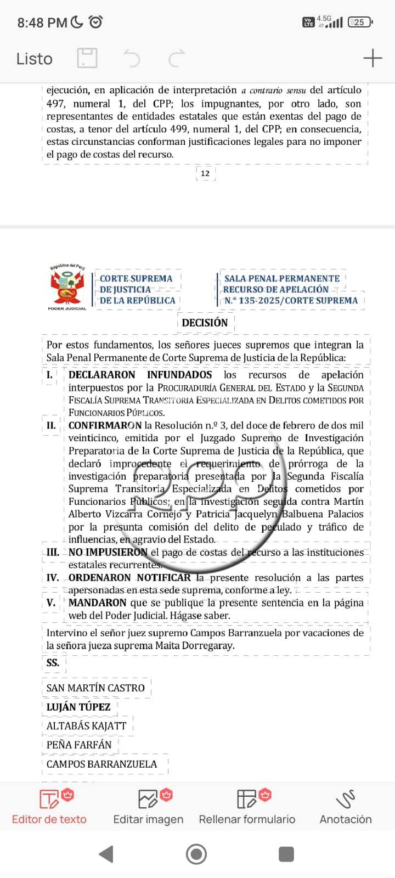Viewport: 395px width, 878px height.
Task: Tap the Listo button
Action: (x=34, y=59)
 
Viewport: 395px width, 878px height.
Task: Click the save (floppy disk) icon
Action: (x=87, y=58)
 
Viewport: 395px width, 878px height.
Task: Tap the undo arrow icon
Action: (x=131, y=58)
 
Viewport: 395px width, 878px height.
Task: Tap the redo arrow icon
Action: (x=177, y=58)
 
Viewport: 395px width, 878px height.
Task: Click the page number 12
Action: (x=205, y=173)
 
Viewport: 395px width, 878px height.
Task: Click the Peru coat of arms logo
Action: (x=67, y=287)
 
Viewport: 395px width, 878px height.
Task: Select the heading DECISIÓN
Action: (x=205, y=323)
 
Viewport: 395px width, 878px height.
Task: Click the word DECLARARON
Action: (x=101, y=375)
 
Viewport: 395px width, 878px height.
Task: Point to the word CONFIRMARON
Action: (x=105, y=425)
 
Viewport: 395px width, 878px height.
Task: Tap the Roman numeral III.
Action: (x=53, y=553)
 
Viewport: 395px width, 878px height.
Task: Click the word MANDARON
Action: (x=97, y=603)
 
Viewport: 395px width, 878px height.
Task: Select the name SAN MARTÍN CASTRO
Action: (x=95, y=688)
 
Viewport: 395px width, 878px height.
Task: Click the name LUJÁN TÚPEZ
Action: (x=78, y=707)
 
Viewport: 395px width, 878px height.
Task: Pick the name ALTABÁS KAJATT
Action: (x=86, y=726)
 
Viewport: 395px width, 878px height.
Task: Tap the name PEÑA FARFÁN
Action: (x=79, y=745)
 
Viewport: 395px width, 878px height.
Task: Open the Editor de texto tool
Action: (x=49, y=807)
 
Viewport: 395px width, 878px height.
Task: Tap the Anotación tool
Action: (x=346, y=807)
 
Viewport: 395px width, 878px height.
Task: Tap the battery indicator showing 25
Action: (x=360, y=22)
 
